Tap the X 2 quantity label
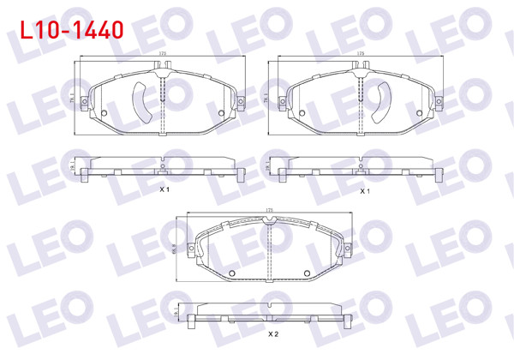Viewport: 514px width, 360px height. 273,333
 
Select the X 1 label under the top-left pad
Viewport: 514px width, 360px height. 164,189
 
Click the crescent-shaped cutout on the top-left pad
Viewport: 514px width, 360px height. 141,101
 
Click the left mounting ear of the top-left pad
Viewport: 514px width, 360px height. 83,104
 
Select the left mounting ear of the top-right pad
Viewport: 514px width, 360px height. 279,104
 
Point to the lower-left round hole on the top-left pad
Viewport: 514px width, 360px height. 105,113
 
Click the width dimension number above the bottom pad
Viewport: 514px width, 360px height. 269,209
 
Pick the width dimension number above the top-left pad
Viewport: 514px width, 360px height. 163,55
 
